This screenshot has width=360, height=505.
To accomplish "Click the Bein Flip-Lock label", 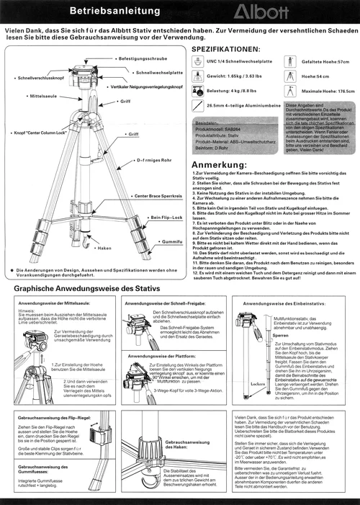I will tap(166, 217).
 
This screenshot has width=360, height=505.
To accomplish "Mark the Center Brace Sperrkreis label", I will tap(156, 197).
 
